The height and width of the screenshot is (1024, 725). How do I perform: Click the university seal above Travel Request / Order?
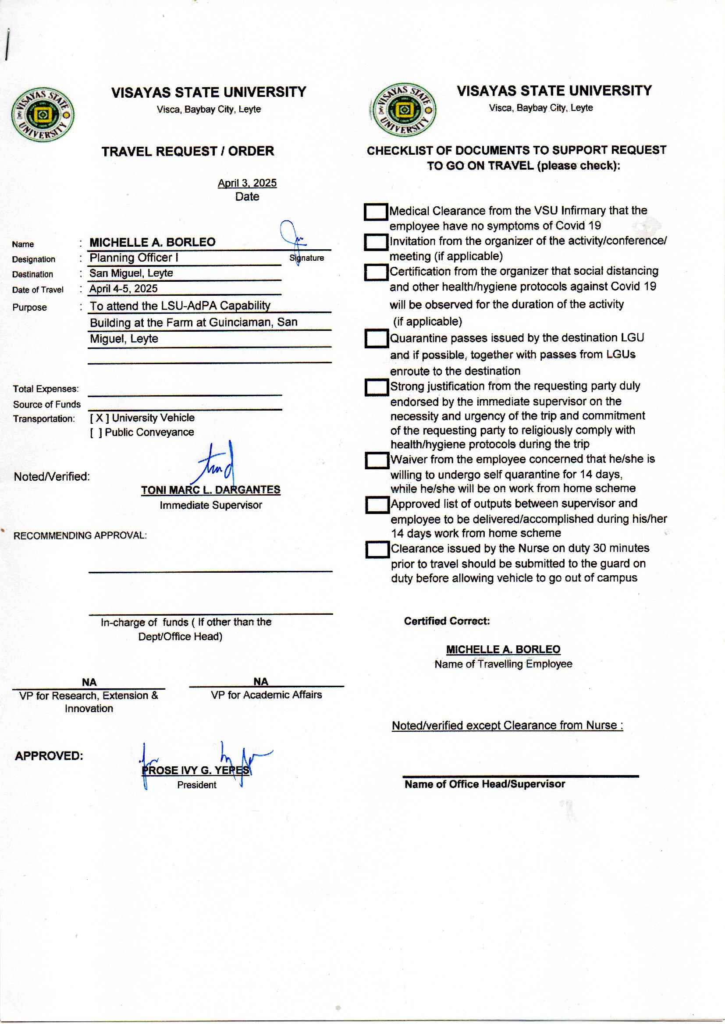click(x=43, y=115)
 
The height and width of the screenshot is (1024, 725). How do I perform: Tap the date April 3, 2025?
click(x=247, y=183)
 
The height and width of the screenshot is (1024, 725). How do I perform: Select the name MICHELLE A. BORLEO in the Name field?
click(x=152, y=242)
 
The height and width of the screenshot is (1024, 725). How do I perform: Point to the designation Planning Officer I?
click(x=134, y=258)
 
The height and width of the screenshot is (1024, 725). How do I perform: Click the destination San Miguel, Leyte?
click(x=131, y=273)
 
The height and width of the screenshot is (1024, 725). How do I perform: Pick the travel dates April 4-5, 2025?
click(x=123, y=289)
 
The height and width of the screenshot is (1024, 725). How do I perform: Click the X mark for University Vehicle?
click(x=99, y=418)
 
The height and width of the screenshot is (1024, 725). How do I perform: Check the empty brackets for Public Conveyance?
click(x=96, y=433)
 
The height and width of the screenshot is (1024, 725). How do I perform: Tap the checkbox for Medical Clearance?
click(x=376, y=212)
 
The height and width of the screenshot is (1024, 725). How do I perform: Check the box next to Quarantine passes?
click(x=377, y=338)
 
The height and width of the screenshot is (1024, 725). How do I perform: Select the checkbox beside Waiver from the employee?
click(x=377, y=460)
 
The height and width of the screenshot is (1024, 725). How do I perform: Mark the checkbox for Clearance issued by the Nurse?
click(x=377, y=549)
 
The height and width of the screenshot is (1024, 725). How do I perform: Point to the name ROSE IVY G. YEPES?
click(x=195, y=770)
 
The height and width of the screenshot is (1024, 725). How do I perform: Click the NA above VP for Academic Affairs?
click(x=261, y=681)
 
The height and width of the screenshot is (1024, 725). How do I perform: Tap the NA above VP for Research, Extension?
click(x=89, y=682)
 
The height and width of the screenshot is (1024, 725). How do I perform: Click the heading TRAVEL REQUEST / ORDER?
click(x=188, y=151)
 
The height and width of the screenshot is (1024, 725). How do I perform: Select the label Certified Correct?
click(x=446, y=621)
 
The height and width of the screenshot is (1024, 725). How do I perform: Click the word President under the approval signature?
click(x=196, y=785)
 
